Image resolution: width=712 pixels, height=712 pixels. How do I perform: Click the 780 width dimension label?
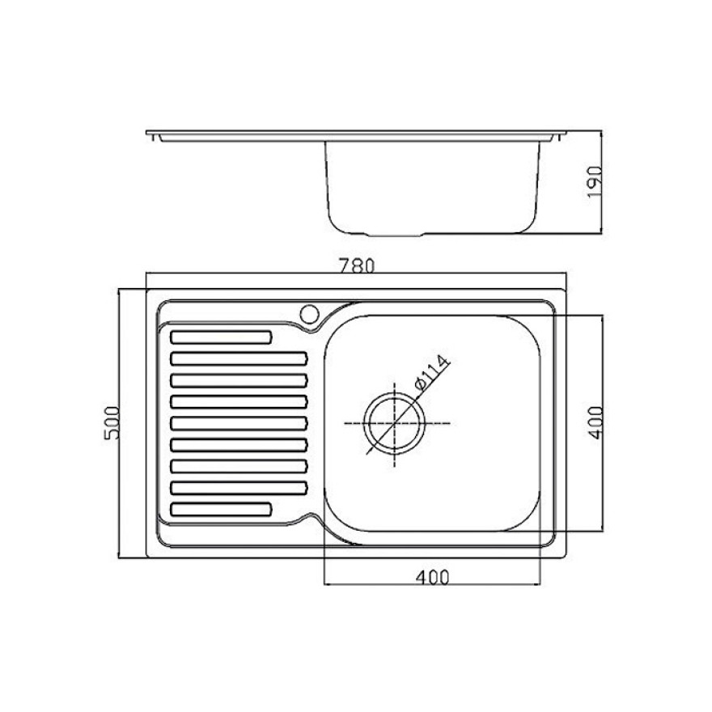coord(356,265)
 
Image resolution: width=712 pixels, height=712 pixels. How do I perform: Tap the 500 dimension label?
coord(112,422)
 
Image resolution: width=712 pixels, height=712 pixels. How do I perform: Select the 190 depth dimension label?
coord(595,182)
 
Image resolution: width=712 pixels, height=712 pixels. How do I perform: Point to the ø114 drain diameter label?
coord(432,372)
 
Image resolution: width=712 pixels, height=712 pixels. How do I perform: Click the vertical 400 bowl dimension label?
coord(595,422)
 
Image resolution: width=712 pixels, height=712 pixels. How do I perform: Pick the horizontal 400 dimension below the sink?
coord(432,578)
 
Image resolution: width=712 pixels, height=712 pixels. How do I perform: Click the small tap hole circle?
coord(309,314)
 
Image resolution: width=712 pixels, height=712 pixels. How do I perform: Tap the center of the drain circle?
coord(395,423)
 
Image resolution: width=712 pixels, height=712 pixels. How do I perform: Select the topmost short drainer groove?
coord(221,337)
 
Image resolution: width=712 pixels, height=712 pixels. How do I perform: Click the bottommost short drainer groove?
coord(221,510)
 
